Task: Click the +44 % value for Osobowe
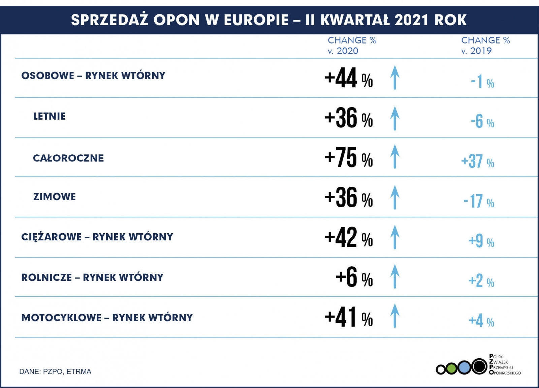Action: (x=348, y=78)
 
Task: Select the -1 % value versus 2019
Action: (x=482, y=82)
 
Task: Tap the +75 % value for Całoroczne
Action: (x=348, y=158)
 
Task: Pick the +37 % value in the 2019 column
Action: (x=477, y=161)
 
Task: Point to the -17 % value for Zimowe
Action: (x=478, y=201)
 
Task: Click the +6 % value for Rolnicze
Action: (x=354, y=277)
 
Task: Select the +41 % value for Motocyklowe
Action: (x=348, y=318)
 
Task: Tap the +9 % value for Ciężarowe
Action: (x=481, y=241)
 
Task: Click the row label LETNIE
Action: (x=49, y=116)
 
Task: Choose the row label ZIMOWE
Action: (x=54, y=197)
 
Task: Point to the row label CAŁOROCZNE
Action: (x=68, y=158)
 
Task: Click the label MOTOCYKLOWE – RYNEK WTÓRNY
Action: (x=107, y=318)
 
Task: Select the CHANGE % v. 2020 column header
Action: (x=352, y=46)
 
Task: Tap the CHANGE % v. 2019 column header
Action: (x=485, y=46)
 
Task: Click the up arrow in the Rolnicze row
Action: (x=395, y=276)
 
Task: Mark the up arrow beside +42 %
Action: (x=395, y=237)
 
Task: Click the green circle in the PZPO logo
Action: (x=452, y=368)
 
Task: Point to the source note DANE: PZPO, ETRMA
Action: (x=55, y=371)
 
